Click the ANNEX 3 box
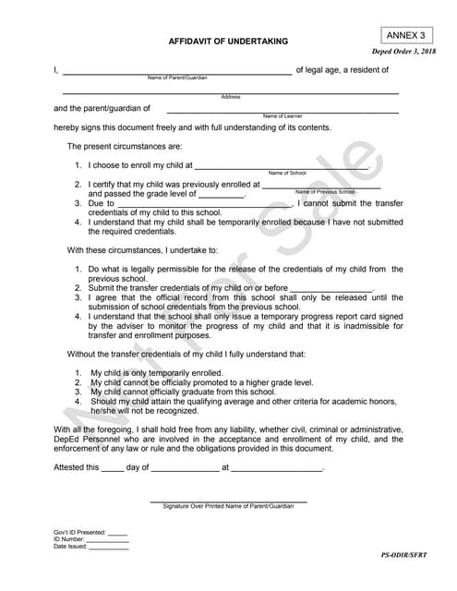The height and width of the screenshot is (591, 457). pos(405,34)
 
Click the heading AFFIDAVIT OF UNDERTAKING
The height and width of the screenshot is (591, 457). pos(228,42)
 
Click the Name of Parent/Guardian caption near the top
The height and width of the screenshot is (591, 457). pos(177,78)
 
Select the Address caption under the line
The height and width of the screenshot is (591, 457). pos(231,97)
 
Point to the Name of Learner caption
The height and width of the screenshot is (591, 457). pos(283,116)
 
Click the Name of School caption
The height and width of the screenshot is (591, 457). pos(287,174)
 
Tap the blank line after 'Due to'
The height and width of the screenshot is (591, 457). pos(203,204)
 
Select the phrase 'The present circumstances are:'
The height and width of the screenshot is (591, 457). pos(125,147)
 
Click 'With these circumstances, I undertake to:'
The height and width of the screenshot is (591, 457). pos(142,250)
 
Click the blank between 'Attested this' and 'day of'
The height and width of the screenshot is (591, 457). pos(112,468)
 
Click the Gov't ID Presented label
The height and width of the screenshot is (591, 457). pos(79,532)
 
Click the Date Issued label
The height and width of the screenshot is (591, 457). pos(70,547)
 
